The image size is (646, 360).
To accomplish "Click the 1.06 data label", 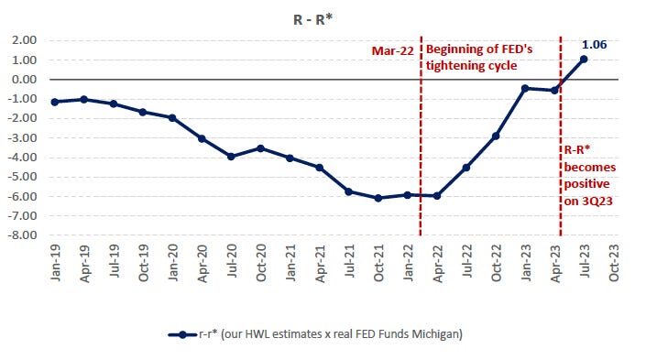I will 594,43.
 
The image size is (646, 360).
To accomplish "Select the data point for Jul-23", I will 584,59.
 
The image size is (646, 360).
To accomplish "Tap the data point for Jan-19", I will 55,102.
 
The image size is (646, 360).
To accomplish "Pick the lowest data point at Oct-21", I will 378,198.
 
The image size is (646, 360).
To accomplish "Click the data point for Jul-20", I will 231,157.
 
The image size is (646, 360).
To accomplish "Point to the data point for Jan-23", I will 525,88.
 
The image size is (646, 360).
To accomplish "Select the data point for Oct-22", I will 496,136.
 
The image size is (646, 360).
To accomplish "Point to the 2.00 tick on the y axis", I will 23,40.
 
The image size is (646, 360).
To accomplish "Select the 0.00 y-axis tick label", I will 23,80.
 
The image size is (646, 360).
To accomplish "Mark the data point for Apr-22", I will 437,196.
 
